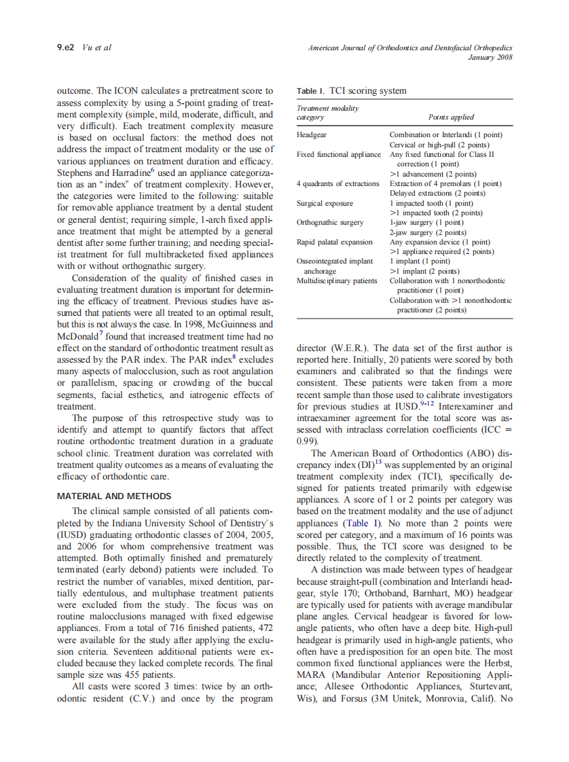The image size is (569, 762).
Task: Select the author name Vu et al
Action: click(96, 48)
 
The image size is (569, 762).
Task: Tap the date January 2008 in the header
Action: click(490, 57)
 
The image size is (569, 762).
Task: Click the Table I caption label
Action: click(311, 90)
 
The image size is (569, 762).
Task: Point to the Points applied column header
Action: click(451, 117)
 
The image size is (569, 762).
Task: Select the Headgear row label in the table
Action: click(312, 135)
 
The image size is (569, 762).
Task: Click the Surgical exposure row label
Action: click(325, 203)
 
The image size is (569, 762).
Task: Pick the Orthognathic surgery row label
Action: click(330, 222)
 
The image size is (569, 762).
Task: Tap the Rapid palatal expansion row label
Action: click(335, 242)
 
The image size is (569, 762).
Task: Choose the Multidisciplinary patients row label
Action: click(337, 280)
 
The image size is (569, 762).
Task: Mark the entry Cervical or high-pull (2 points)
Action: click(439, 145)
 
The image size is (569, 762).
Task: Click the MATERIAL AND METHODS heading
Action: click(114, 496)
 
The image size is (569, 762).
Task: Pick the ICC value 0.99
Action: click(306, 440)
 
